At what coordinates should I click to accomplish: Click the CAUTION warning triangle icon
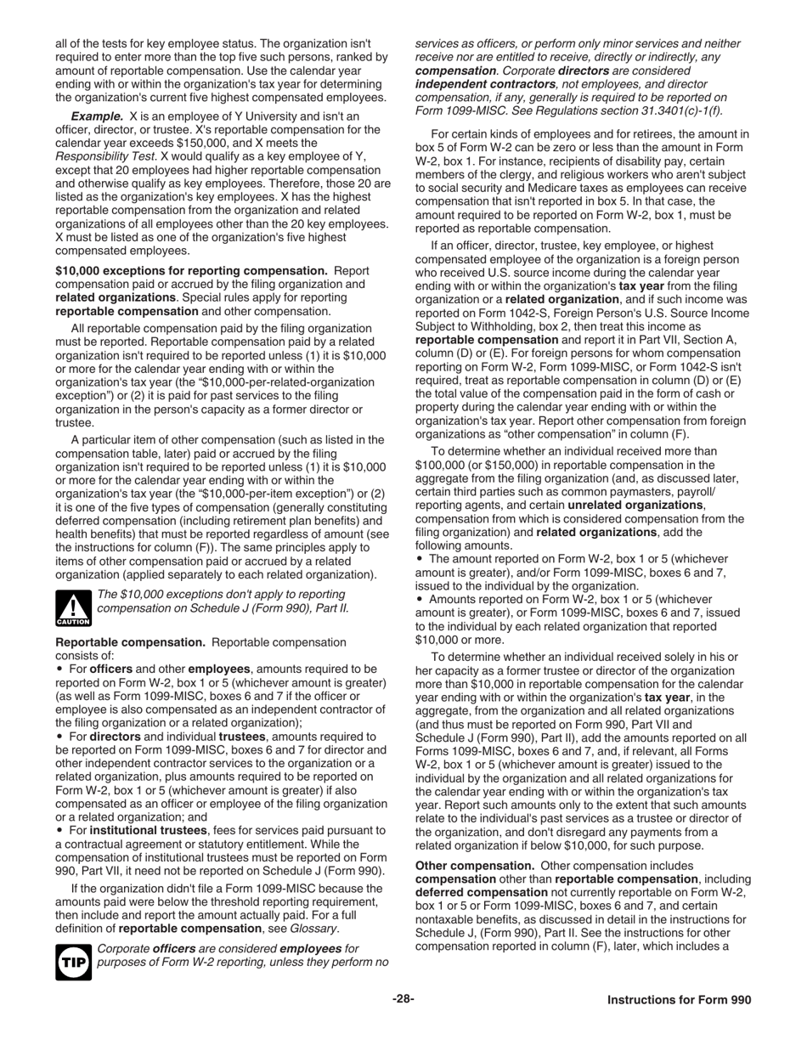[72, 607]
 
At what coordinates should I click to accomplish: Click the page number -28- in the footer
[403, 999]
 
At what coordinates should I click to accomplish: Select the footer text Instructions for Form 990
[679, 1000]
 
